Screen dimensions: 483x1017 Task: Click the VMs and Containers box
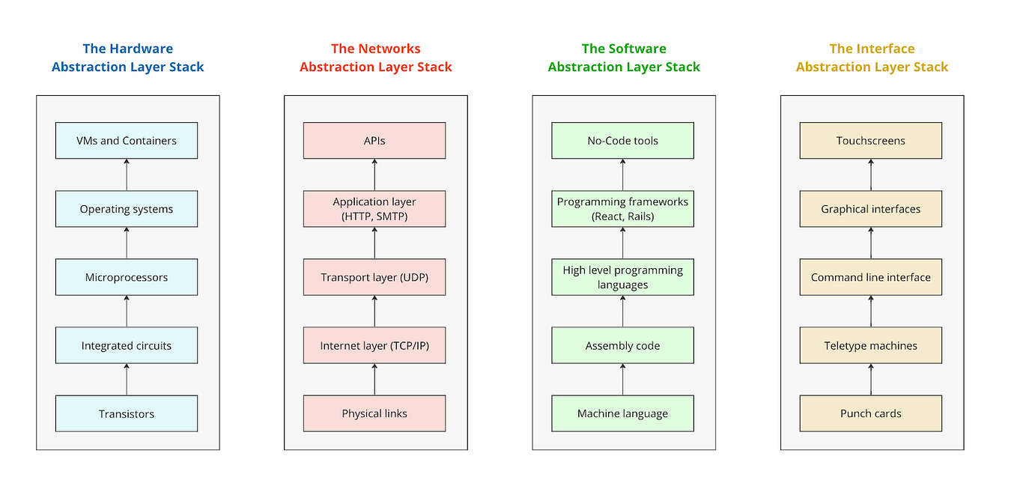tap(127, 141)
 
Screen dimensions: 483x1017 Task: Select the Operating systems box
tap(127, 209)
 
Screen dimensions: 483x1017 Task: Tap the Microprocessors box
tap(127, 277)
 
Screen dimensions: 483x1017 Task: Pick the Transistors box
tap(127, 413)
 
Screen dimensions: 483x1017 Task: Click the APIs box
tap(374, 141)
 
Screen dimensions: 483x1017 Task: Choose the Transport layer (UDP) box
tap(374, 277)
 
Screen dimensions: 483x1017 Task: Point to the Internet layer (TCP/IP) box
tap(374, 345)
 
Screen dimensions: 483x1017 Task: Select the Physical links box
tap(374, 413)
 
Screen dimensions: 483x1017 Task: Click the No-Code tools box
tap(622, 141)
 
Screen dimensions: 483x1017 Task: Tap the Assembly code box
tap(622, 345)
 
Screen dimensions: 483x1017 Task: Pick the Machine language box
tap(622, 413)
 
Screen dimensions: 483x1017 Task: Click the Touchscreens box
tap(870, 141)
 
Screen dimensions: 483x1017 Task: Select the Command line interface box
tap(870, 277)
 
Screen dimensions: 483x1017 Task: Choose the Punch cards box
tap(870, 413)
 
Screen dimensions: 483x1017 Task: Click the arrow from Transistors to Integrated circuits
tap(127, 380)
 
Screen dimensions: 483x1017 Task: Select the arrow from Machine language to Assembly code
tap(622, 380)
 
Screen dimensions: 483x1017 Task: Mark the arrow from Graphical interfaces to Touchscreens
tap(870, 174)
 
